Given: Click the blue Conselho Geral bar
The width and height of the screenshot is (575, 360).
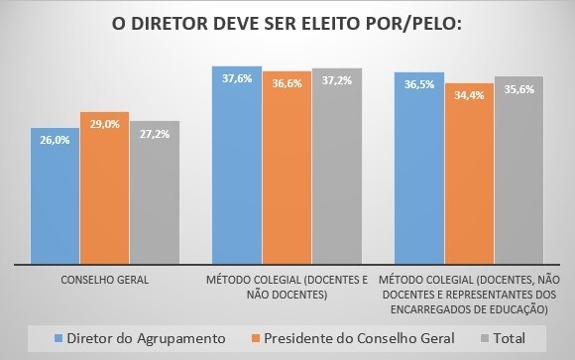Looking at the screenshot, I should click(55, 194).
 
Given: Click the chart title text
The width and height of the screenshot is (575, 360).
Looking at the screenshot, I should click(287, 23).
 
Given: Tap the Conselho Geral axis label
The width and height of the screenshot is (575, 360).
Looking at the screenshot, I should click(105, 281).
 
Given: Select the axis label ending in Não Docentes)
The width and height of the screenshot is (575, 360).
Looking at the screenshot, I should click(287, 288).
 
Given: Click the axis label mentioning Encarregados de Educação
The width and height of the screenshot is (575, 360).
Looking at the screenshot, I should click(469, 295).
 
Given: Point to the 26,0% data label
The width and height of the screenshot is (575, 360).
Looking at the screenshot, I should click(56, 141).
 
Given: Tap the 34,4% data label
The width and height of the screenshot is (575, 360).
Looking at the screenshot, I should click(469, 95).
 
